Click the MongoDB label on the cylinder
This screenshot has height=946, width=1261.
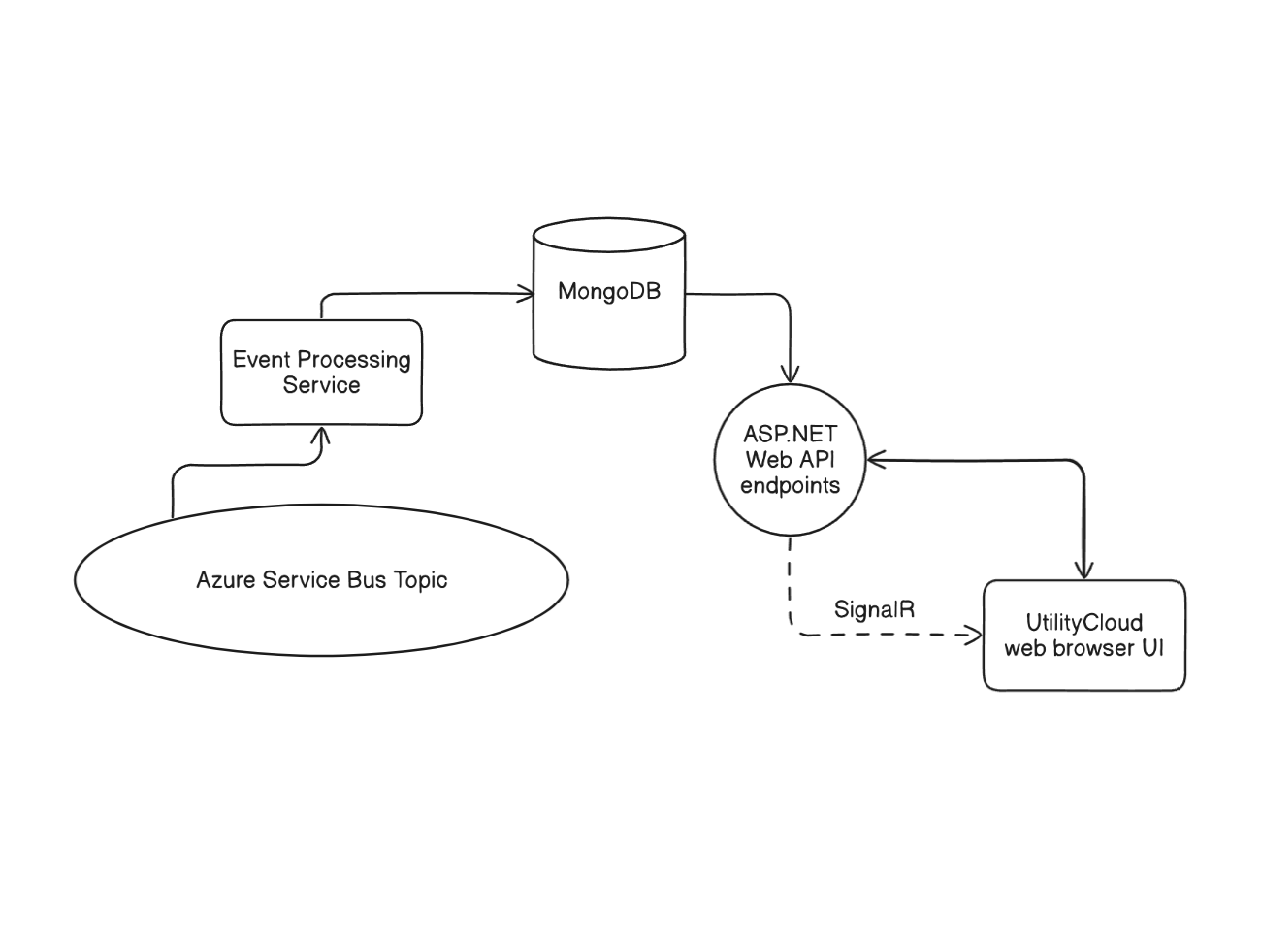click(609, 292)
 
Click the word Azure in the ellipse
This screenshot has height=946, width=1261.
click(226, 580)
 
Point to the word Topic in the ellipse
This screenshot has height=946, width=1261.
click(420, 581)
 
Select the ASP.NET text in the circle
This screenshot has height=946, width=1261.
click(790, 435)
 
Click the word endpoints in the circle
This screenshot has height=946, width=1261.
click(790, 486)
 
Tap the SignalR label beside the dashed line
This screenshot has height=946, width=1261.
click(874, 609)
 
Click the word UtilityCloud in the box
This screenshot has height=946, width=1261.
click(1084, 623)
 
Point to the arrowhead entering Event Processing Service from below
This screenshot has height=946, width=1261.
click(322, 437)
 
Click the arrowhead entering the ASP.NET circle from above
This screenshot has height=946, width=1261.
click(791, 375)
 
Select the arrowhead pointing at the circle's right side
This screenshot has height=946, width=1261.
click(876, 460)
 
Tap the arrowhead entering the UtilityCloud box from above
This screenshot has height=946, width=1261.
click(1084, 571)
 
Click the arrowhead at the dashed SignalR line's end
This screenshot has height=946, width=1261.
click(974, 636)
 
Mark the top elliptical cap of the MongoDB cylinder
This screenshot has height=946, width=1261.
click(609, 235)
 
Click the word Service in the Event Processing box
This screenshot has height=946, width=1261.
click(322, 385)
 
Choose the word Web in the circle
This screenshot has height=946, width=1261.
click(765, 460)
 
